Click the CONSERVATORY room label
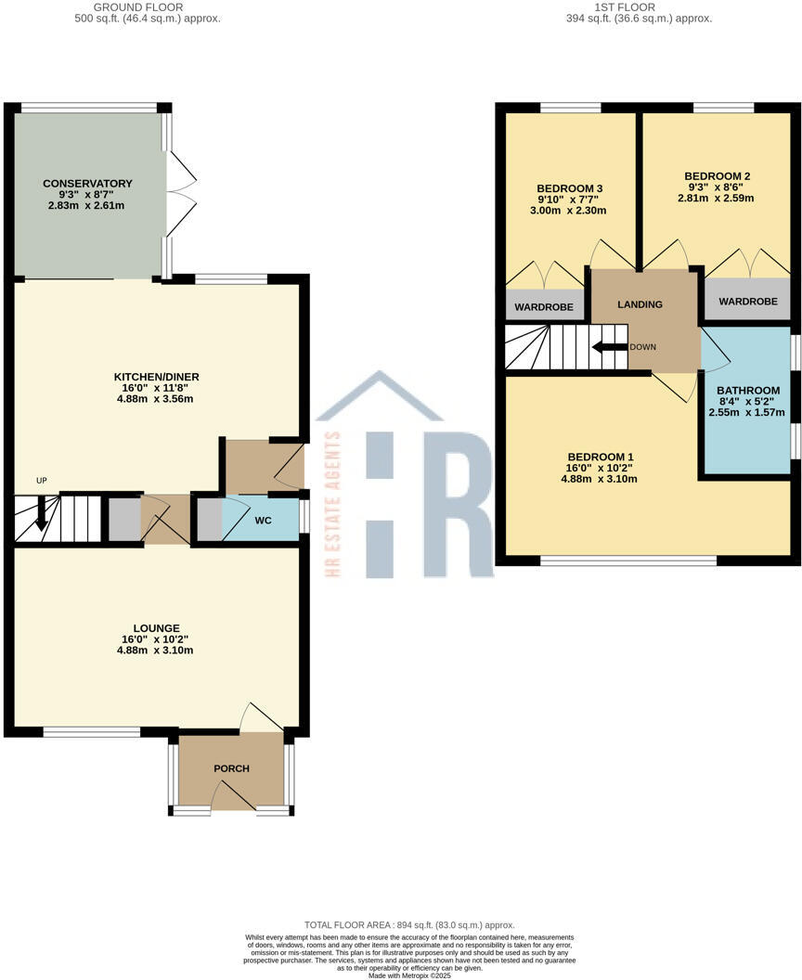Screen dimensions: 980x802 87,184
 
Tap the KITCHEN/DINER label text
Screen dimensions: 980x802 157,377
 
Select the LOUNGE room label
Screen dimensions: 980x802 157,628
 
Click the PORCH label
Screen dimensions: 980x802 231,768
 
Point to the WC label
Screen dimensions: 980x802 264,521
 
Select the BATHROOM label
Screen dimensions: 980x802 747,391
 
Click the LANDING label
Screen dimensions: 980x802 640,304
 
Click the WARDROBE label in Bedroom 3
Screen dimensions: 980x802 545,307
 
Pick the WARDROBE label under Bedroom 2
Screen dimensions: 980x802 747,302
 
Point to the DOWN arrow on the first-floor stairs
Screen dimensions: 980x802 609,348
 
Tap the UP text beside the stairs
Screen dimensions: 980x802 41,480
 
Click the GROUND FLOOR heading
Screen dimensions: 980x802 148,6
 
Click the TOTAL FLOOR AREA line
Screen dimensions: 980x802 408,925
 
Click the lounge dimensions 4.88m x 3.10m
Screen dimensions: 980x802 157,651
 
